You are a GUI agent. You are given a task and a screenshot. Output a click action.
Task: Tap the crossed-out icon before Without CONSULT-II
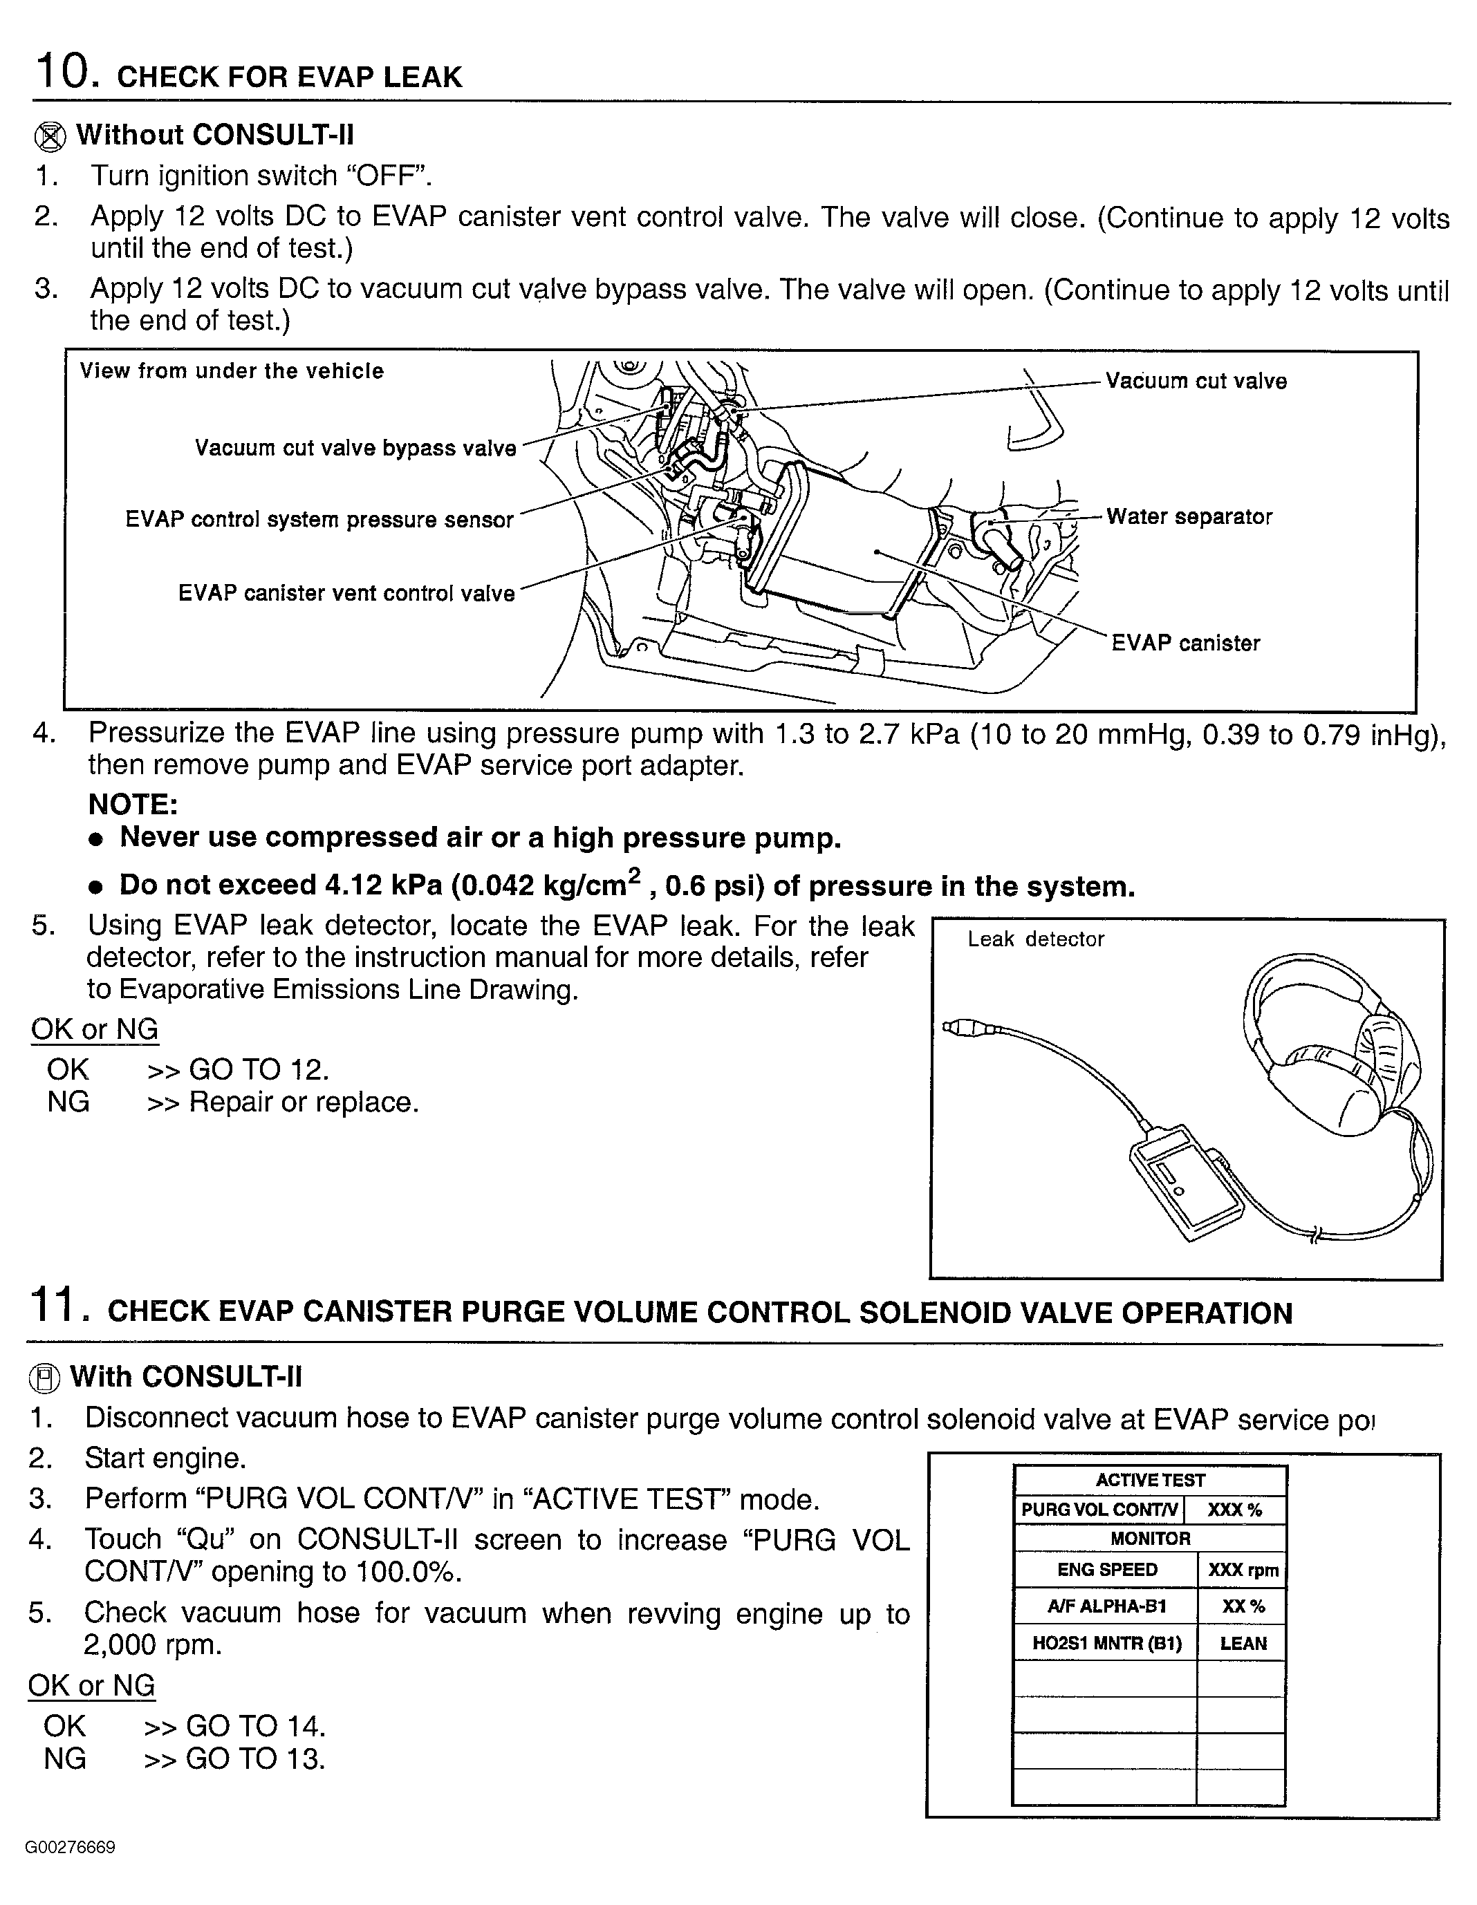tap(50, 137)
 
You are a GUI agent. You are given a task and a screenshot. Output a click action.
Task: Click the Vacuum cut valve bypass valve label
tap(355, 449)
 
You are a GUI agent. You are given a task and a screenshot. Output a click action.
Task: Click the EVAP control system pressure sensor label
tap(319, 520)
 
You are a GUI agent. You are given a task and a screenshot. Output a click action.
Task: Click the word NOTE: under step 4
tap(133, 804)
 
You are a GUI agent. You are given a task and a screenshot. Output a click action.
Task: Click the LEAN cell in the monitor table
tap(1243, 1643)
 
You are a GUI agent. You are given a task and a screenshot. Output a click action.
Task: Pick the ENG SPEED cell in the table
tap(1106, 1570)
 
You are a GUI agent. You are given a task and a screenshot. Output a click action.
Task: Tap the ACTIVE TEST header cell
tap(1149, 1480)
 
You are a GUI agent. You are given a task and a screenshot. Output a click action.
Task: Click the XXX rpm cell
tap(1243, 1570)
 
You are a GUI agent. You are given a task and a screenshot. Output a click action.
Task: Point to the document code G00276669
tap(70, 1848)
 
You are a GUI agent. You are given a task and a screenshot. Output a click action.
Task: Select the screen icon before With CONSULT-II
tap(44, 1378)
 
